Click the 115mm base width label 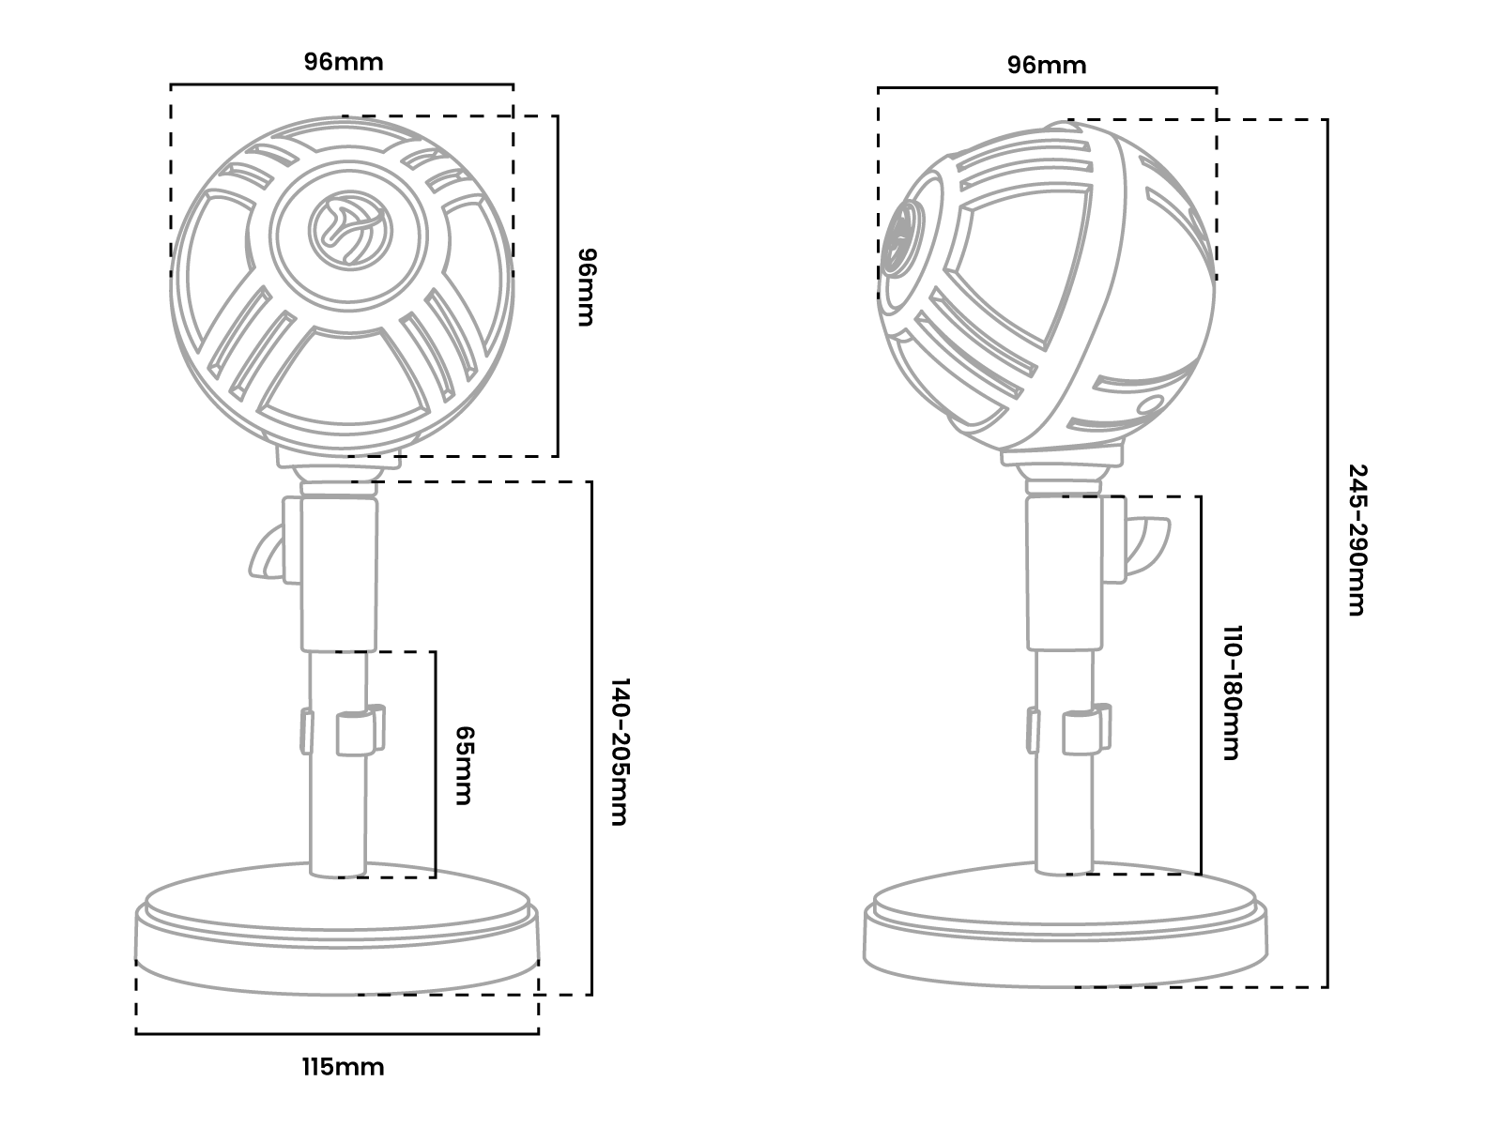click(x=343, y=1067)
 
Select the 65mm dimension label click(x=463, y=765)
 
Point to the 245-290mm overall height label click(x=1357, y=540)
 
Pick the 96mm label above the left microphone click(x=344, y=62)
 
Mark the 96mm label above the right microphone click(x=1047, y=65)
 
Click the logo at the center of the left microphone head click(x=342, y=224)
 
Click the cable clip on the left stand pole click(x=360, y=729)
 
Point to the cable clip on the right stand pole click(x=1087, y=730)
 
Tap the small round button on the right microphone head click(x=1147, y=405)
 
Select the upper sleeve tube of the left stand click(x=339, y=572)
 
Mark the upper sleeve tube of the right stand click(x=1065, y=572)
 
